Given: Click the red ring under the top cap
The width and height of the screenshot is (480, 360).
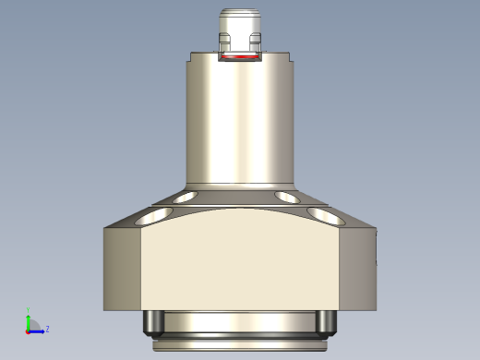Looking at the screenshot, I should tap(240, 57).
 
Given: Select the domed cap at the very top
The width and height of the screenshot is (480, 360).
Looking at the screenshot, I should tap(240, 20).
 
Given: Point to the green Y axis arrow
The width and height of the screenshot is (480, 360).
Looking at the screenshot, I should tap(29, 319).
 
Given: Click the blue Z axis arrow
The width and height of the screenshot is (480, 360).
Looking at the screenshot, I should tap(38, 330).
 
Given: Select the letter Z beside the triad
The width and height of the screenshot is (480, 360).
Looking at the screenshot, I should tap(47, 329).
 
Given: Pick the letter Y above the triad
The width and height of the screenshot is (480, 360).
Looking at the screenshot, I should tap(29, 310).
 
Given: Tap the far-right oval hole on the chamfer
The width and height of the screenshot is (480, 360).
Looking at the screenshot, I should tap(325, 215).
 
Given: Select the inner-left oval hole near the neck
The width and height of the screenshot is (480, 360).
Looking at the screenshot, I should tap(185, 197).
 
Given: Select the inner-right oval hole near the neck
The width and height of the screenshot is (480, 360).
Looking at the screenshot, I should tap(287, 197).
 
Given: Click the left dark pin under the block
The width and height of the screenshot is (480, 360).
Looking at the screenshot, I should tap(154, 322).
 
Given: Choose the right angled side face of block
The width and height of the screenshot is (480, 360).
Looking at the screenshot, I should tap(358, 269).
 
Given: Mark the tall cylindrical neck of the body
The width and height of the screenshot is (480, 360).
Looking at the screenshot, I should tap(240, 120).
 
